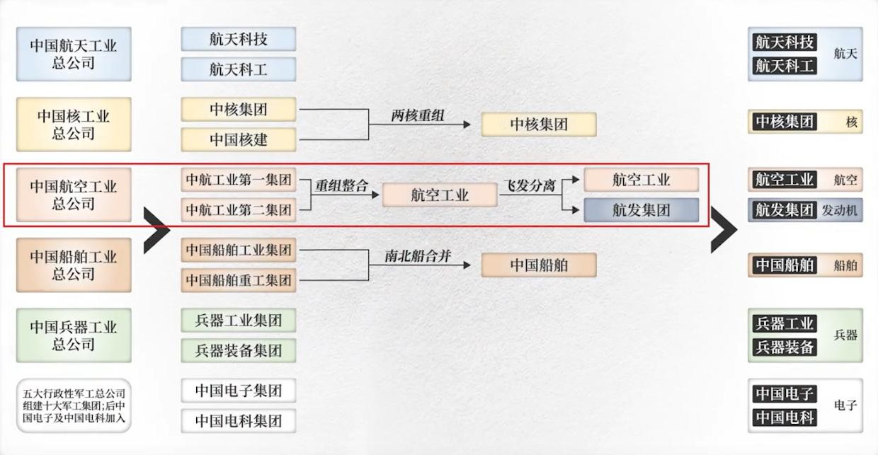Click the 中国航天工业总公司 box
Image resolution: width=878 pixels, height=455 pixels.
click(74, 54)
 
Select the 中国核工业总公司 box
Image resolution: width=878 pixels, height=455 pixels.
click(74, 125)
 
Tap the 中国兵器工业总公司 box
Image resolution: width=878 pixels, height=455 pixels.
click(74, 335)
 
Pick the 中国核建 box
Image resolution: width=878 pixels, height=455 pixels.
click(239, 139)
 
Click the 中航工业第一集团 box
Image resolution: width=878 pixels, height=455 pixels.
click(239, 180)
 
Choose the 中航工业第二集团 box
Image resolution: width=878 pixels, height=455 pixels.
click(239, 209)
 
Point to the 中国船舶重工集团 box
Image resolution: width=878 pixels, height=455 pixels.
click(239, 280)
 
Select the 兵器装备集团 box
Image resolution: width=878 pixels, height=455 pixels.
click(239, 350)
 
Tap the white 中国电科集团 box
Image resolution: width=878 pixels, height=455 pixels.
click(239, 421)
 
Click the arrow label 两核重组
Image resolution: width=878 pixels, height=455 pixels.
click(418, 115)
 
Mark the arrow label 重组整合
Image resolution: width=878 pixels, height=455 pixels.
click(342, 186)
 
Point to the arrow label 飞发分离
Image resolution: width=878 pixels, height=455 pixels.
click(529, 186)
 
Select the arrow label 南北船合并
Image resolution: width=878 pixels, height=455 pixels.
click(418, 257)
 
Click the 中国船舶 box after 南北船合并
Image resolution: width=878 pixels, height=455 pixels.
click(539, 265)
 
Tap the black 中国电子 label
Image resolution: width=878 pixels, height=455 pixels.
click(785, 393)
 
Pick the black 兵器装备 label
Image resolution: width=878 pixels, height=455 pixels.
click(785, 347)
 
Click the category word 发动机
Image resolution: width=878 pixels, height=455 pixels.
click(839, 210)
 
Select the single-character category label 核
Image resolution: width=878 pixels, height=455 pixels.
click(851, 122)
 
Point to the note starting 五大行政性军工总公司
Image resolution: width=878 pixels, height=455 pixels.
click(74, 405)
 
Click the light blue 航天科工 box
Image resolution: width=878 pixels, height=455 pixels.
click(239, 69)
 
